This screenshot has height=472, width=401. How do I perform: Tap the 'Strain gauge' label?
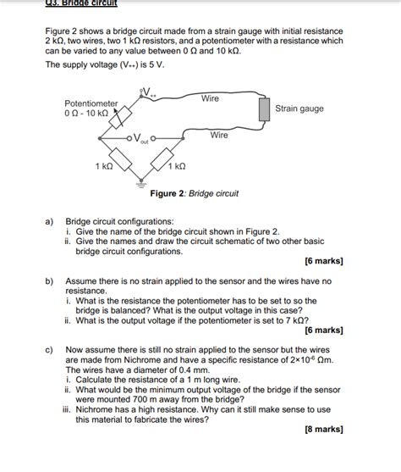(x=299, y=109)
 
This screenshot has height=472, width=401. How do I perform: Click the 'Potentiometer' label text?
(x=91, y=103)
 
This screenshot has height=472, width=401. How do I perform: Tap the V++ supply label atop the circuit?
(x=148, y=92)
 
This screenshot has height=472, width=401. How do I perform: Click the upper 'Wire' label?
(x=211, y=99)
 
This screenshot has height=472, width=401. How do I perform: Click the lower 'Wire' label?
(x=219, y=136)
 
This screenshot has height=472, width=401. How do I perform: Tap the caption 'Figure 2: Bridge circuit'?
(x=195, y=193)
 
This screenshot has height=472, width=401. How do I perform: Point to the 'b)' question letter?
(x=50, y=280)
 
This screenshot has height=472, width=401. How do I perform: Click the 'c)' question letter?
(x=50, y=349)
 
